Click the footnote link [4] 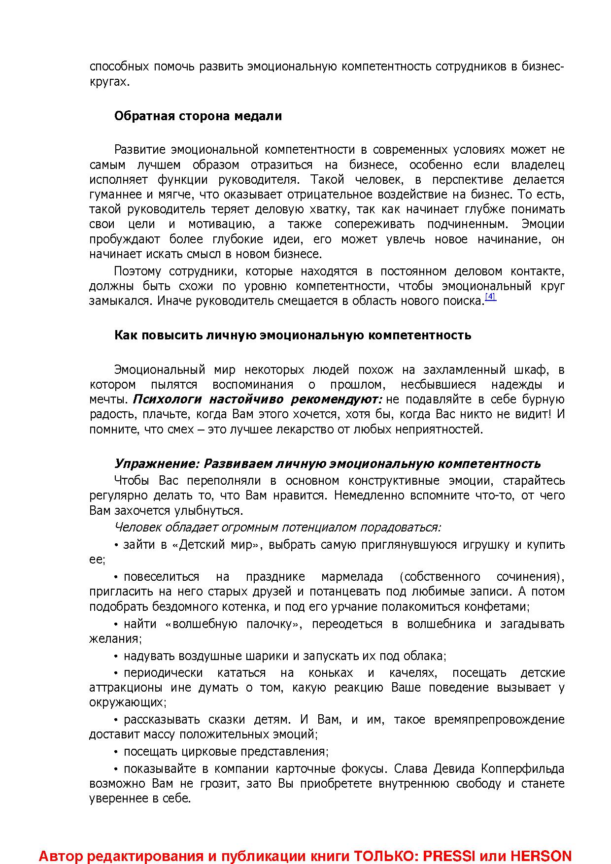click(x=490, y=297)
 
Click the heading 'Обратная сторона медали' click(x=198, y=116)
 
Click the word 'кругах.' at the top click(x=109, y=82)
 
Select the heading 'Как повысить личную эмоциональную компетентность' click(x=293, y=335)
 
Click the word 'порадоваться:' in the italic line click(x=400, y=528)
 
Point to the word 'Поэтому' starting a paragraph click(x=137, y=271)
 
